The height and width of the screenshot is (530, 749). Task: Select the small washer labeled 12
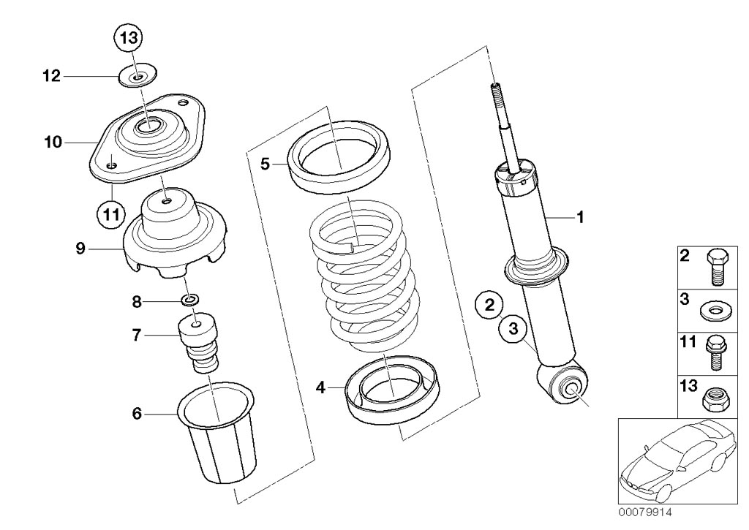click(x=138, y=75)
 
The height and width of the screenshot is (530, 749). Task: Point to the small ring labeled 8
click(x=191, y=300)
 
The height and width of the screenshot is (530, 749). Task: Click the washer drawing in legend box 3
click(x=714, y=312)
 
